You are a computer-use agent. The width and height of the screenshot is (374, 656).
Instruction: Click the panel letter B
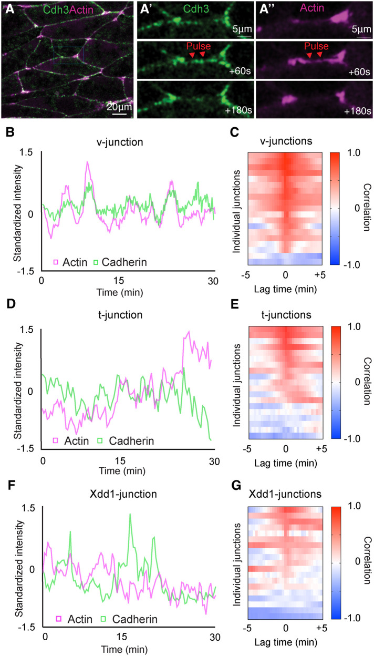point(10,132)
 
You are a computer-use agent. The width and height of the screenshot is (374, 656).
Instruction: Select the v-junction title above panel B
point(128,140)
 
